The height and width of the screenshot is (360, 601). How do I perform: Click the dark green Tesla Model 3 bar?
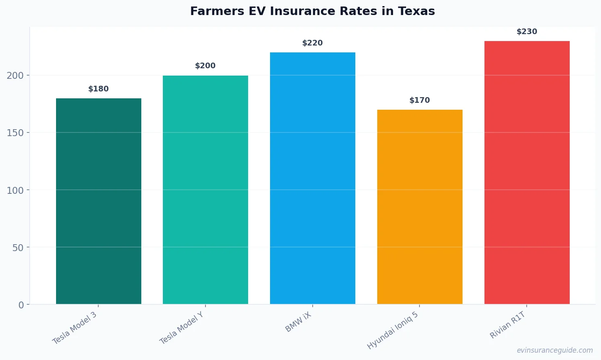tap(99, 201)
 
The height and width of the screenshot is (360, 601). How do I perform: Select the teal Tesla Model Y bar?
tap(205, 190)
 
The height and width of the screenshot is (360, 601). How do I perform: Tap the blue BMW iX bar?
tap(313, 178)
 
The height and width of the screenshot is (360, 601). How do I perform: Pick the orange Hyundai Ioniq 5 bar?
tap(419, 207)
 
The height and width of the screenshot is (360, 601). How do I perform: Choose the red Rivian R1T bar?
tap(527, 172)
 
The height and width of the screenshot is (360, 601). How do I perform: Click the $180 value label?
tap(99, 89)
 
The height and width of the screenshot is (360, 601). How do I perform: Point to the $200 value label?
tap(205, 66)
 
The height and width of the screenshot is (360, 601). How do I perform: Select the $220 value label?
tap(313, 43)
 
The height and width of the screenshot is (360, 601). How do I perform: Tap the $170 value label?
tap(419, 100)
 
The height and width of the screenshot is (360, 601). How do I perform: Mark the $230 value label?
tap(527, 32)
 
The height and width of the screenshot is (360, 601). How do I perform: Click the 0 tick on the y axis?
tap(21, 305)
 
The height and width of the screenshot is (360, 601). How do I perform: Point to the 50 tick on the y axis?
tap(18, 248)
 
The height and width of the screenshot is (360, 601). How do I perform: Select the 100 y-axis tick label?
tap(15, 190)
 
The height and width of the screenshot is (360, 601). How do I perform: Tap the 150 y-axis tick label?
tap(15, 133)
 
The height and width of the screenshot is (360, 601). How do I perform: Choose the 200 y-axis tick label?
tap(15, 76)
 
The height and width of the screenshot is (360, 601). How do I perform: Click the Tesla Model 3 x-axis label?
tap(75, 328)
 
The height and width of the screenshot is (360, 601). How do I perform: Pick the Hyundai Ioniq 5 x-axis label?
tap(393, 330)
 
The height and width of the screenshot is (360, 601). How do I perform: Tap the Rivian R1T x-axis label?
tap(508, 325)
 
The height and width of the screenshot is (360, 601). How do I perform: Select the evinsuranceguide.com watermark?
tap(555, 350)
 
